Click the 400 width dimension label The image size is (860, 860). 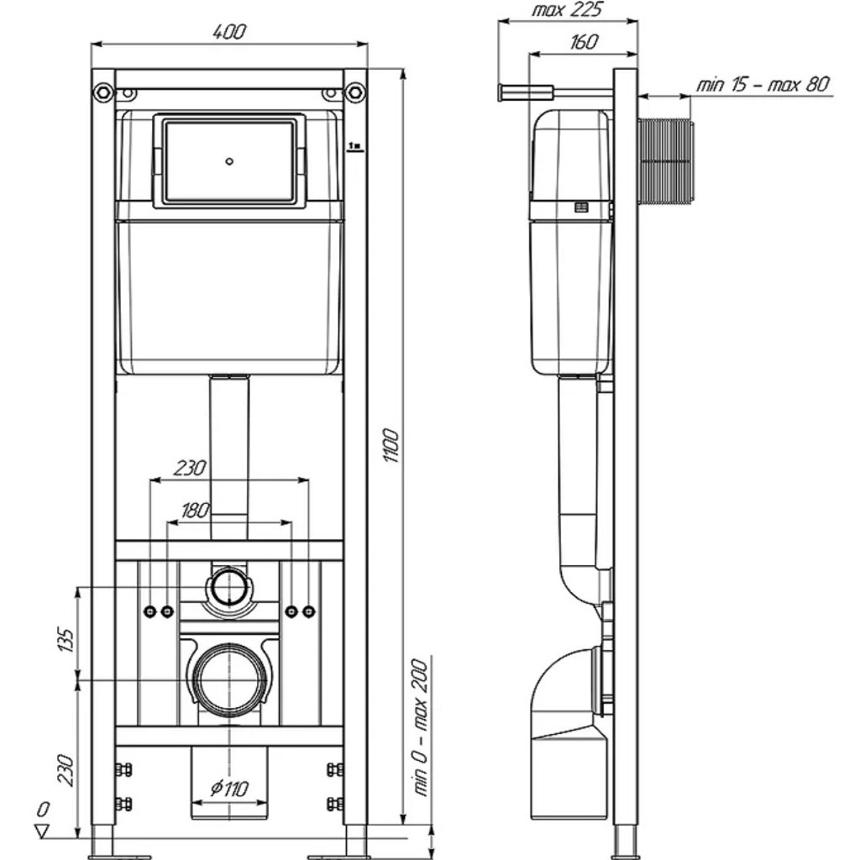228,32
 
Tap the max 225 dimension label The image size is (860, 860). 569,11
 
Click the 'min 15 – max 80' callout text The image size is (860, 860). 763,84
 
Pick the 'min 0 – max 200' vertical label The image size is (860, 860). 421,727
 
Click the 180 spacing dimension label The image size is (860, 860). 195,510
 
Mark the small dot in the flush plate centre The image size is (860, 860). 230,160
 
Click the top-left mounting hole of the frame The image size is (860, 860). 102,90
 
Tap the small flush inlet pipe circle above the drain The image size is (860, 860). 228,585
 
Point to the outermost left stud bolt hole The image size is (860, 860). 149,611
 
